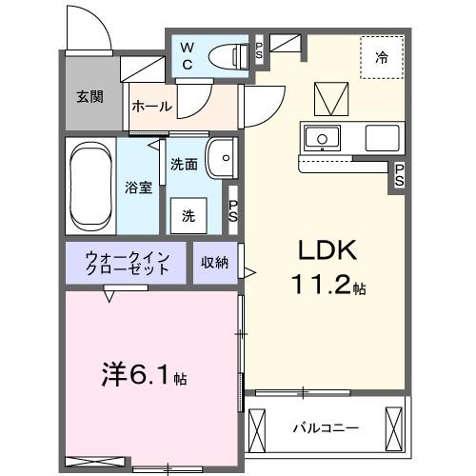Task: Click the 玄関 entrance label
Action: tap(90, 96)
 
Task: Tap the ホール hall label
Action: tap(152, 107)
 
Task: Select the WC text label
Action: tap(188, 56)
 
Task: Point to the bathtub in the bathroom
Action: tap(91, 187)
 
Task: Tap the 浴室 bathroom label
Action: tap(138, 188)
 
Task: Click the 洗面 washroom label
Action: tap(184, 164)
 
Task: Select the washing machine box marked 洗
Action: tap(188, 216)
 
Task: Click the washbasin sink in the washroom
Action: tap(222, 156)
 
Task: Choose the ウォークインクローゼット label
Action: tap(128, 263)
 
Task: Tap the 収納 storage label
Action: tap(214, 263)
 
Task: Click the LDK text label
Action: tap(328, 251)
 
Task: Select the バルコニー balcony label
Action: tap(326, 428)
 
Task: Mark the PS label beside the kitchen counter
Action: tap(400, 175)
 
